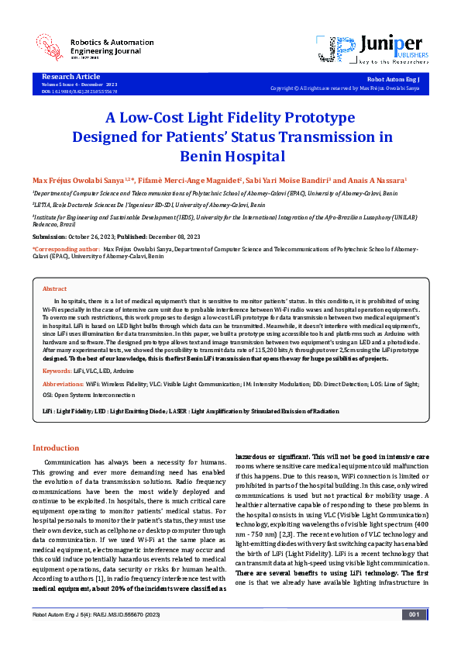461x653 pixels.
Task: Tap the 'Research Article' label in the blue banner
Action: [71, 77]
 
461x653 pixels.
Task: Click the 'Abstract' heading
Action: [54, 288]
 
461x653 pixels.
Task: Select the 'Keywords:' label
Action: [57, 350]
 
